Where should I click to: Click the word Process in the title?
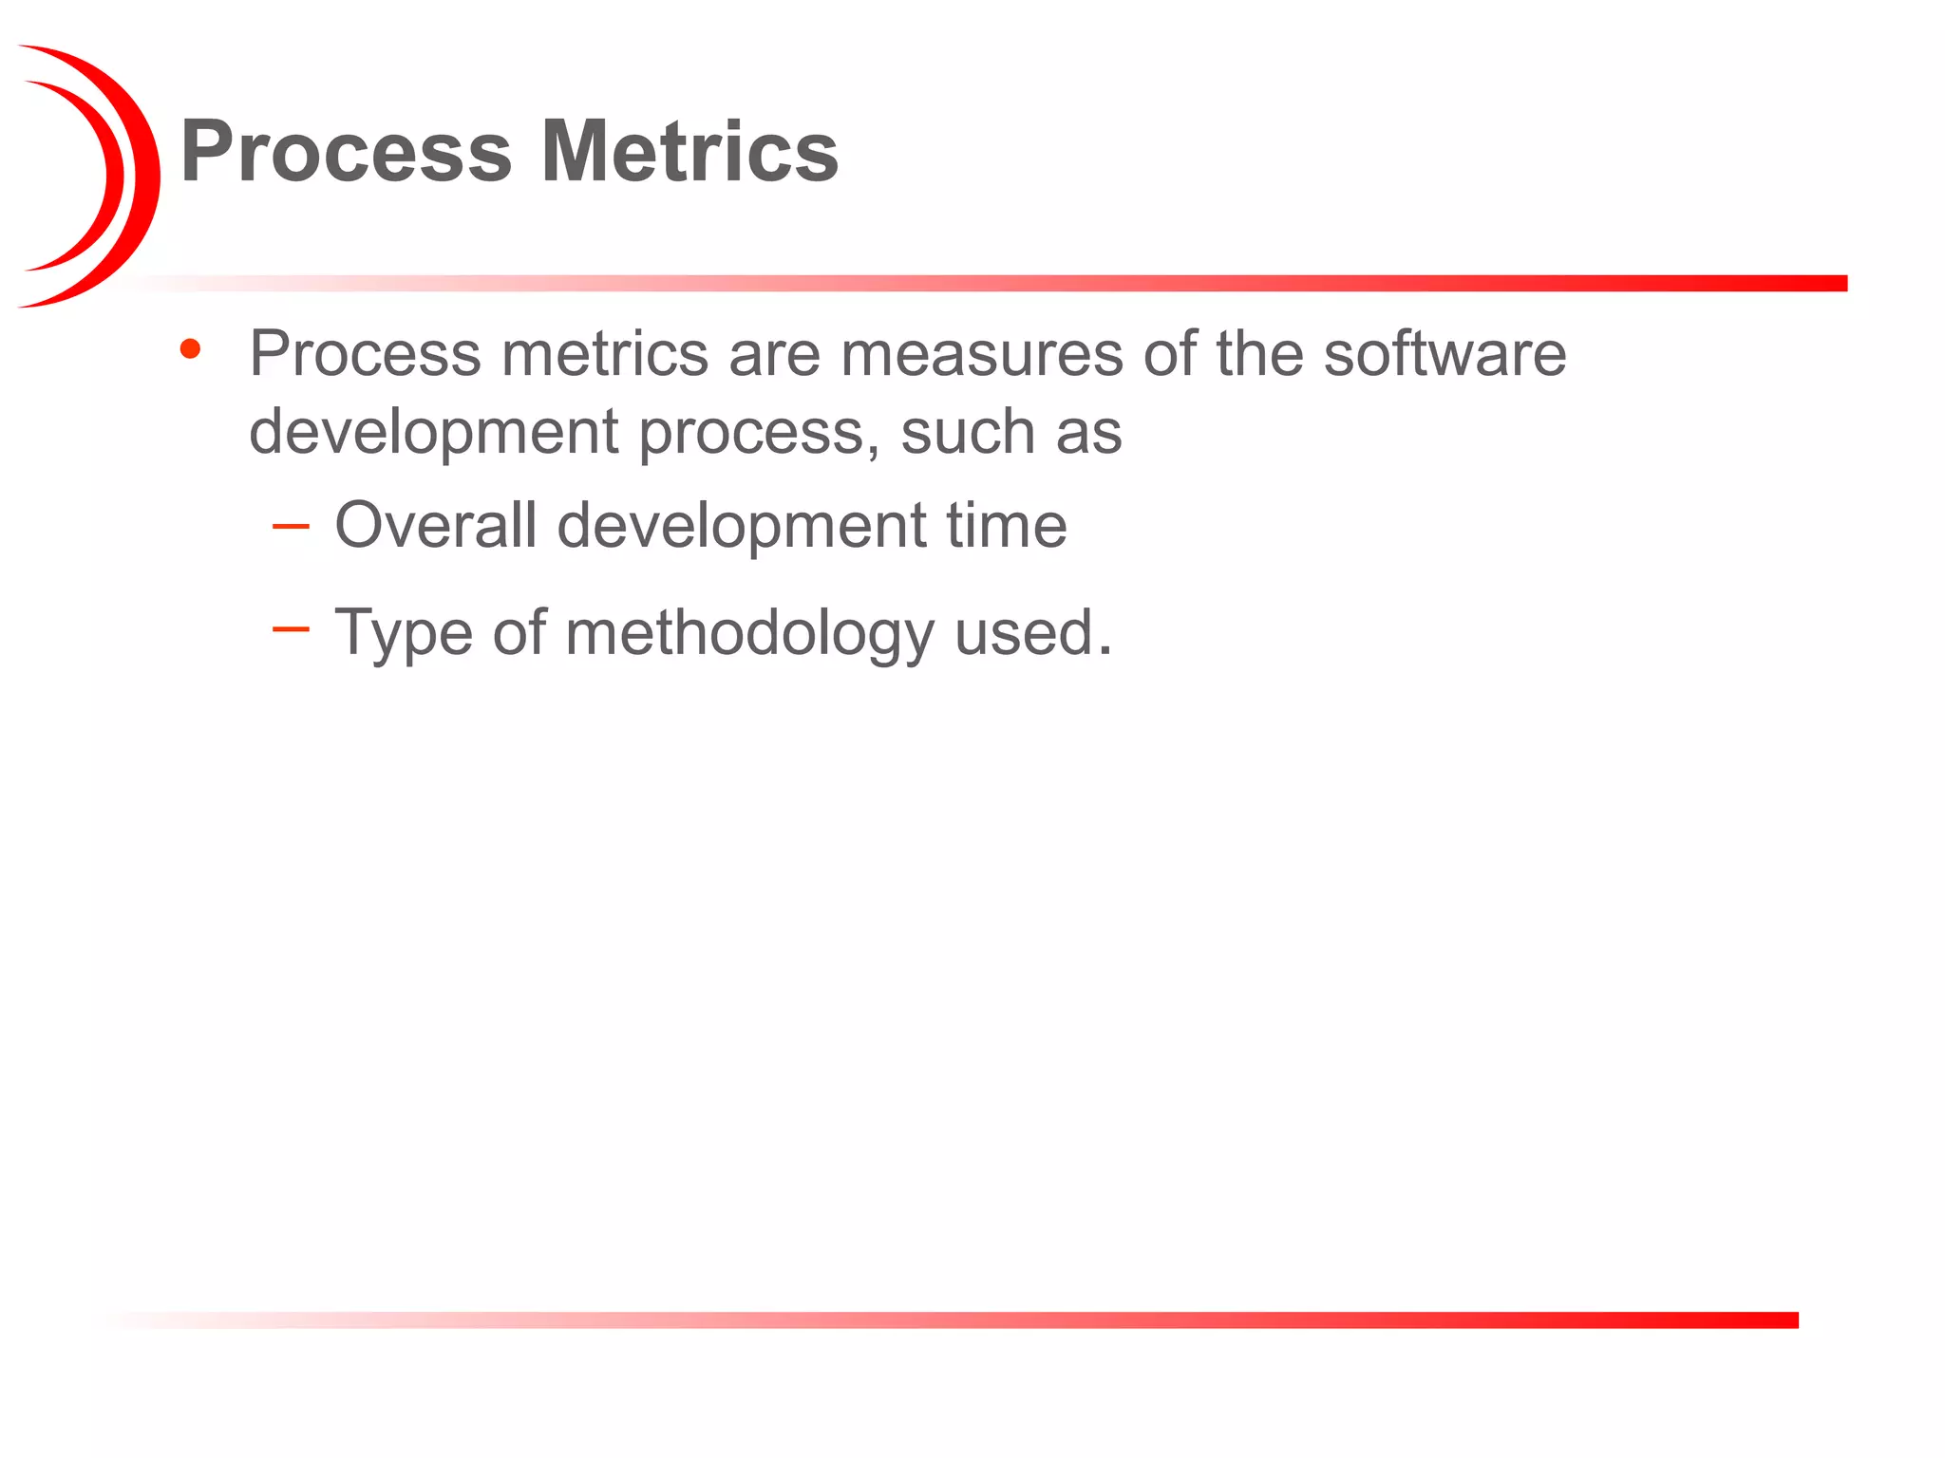[x=346, y=152]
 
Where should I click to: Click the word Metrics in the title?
[x=689, y=152]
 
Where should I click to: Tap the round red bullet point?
[x=190, y=349]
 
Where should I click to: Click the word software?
[x=1445, y=353]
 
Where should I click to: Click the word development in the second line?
[x=434, y=432]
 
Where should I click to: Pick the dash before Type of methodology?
[x=291, y=628]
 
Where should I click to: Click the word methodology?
[x=749, y=633]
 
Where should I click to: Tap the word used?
[x=1023, y=633]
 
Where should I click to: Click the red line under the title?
[x=1140, y=283]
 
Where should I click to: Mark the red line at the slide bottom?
[x=1140, y=1319]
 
